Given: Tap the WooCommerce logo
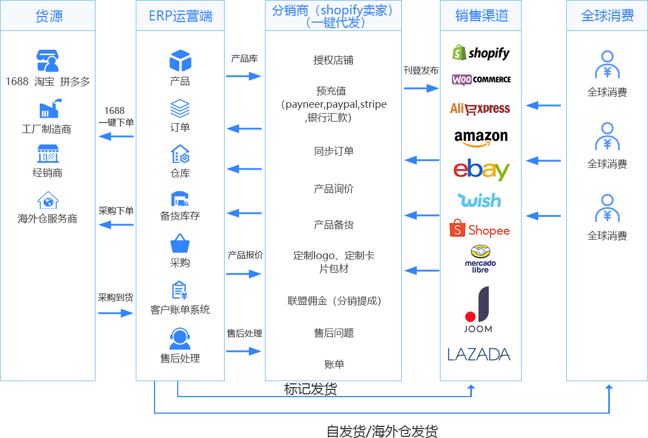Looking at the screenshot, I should (x=481, y=80).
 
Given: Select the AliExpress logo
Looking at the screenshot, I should (x=480, y=108).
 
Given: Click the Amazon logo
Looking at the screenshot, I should (x=481, y=138).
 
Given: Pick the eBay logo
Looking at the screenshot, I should (x=481, y=170).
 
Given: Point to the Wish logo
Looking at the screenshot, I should (x=479, y=200).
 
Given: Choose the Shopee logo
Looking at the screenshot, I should (x=479, y=229).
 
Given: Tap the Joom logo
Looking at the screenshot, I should (x=478, y=309).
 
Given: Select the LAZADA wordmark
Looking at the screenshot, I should (x=479, y=354).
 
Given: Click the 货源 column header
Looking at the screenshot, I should (x=48, y=15).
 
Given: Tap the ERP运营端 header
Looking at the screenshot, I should (x=180, y=15).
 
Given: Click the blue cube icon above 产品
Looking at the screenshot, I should (x=180, y=60).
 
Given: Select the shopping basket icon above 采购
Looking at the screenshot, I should (x=180, y=244).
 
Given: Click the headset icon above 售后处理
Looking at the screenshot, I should (x=180, y=339).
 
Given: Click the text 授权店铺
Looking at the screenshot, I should (x=333, y=60).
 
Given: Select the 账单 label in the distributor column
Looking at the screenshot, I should (x=334, y=364).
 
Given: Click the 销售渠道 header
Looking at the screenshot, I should (x=481, y=15).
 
